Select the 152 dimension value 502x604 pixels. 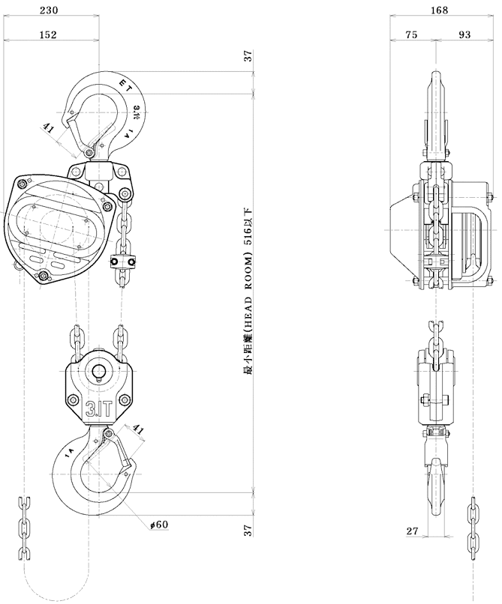point(47,34)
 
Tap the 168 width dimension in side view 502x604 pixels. point(440,10)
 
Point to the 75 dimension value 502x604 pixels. point(411,34)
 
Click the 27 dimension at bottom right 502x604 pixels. point(412,531)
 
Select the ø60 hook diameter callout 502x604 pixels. point(159,525)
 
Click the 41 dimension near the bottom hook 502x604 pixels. point(138,429)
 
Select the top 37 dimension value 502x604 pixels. point(249,57)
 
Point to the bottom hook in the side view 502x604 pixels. point(435,487)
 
